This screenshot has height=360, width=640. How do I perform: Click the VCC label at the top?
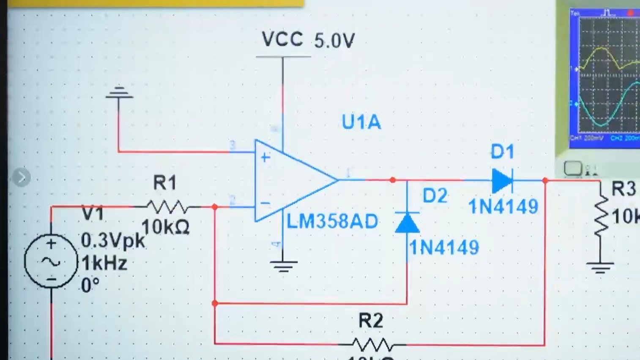[282, 39]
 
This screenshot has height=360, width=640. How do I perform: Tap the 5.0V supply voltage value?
[334, 41]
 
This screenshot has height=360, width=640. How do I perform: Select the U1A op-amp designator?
[361, 122]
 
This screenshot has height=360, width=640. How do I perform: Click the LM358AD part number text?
[332, 222]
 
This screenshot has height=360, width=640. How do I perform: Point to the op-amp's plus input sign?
[265, 158]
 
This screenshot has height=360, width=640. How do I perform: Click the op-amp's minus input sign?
[265, 203]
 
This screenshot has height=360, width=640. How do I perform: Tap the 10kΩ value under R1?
[165, 227]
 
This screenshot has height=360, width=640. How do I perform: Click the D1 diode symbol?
[502, 181]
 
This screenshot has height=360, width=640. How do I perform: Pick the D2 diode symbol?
[407, 223]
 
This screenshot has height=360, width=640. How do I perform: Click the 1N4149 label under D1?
[503, 207]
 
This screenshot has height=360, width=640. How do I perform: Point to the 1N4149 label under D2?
[444, 247]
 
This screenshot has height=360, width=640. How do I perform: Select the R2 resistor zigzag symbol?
[372, 344]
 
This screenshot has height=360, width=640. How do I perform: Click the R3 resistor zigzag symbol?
[601, 217]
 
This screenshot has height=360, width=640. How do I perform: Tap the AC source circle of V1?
[51, 261]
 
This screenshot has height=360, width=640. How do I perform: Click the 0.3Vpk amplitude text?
[112, 241]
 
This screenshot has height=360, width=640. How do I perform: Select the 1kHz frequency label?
[104, 264]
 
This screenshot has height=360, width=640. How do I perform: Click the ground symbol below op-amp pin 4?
[283, 266]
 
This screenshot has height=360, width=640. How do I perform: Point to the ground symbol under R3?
[600, 267]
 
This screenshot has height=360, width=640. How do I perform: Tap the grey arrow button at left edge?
[21, 177]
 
